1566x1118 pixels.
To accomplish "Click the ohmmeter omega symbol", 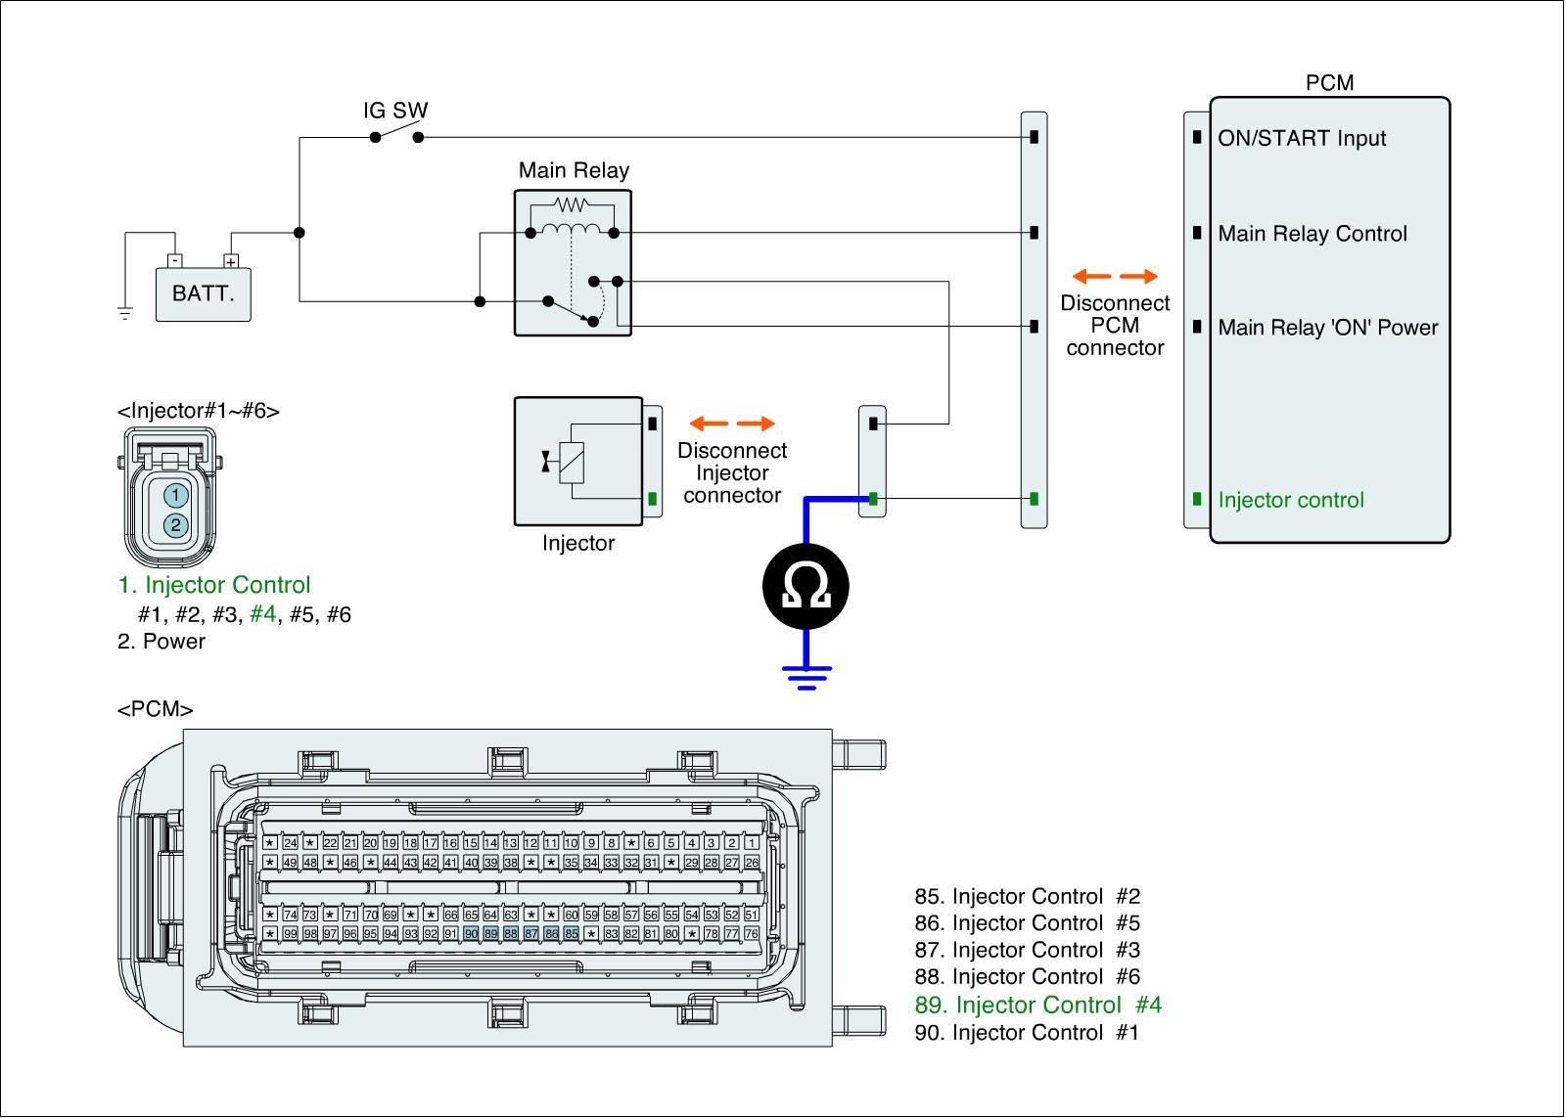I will coord(806,586).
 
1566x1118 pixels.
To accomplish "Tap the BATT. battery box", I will coord(204,293).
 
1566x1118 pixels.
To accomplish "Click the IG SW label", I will coord(395,111).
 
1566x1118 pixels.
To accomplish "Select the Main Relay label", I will coord(574,170).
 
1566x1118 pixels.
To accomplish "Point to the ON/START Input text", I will coord(1302,138).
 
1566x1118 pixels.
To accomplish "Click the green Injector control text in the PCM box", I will coord(1290,500).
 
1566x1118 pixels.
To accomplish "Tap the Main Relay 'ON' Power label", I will coord(1327,328).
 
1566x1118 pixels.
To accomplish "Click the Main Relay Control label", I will coord(1312,234).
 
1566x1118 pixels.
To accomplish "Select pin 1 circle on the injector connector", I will coord(174,496).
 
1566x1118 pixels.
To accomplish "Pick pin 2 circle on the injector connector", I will coord(174,525).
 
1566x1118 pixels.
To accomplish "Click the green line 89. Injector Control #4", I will coord(1037,1005).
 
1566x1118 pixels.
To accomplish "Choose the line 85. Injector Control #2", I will coord(1027,896).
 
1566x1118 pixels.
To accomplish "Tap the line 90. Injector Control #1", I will coord(1027,1032).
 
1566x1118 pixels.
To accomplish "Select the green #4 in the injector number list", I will coord(263,614).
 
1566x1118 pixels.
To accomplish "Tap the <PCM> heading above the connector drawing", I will coord(155,709).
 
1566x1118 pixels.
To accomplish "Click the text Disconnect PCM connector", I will coord(1115,326).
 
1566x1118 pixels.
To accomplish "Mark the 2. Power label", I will coord(161,642).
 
